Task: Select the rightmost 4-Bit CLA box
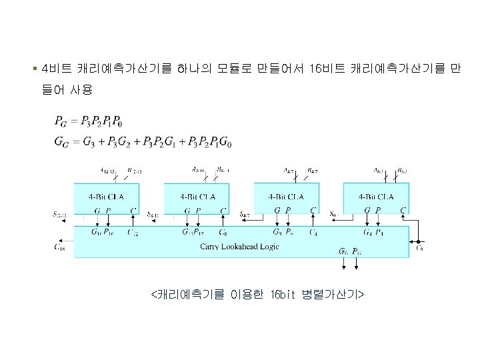(x=376, y=198)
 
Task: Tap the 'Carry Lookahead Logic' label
(x=239, y=247)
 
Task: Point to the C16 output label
(x=59, y=247)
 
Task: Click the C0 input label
(x=419, y=247)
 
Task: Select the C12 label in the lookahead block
(x=133, y=233)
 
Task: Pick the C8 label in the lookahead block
(x=223, y=233)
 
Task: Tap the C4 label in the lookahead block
(x=313, y=233)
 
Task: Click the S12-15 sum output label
(x=59, y=215)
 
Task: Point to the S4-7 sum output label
(x=245, y=215)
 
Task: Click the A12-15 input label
(x=108, y=171)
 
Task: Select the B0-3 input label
(x=402, y=171)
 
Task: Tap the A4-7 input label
(x=289, y=171)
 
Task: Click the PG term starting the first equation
(x=61, y=122)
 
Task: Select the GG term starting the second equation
(x=61, y=142)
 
